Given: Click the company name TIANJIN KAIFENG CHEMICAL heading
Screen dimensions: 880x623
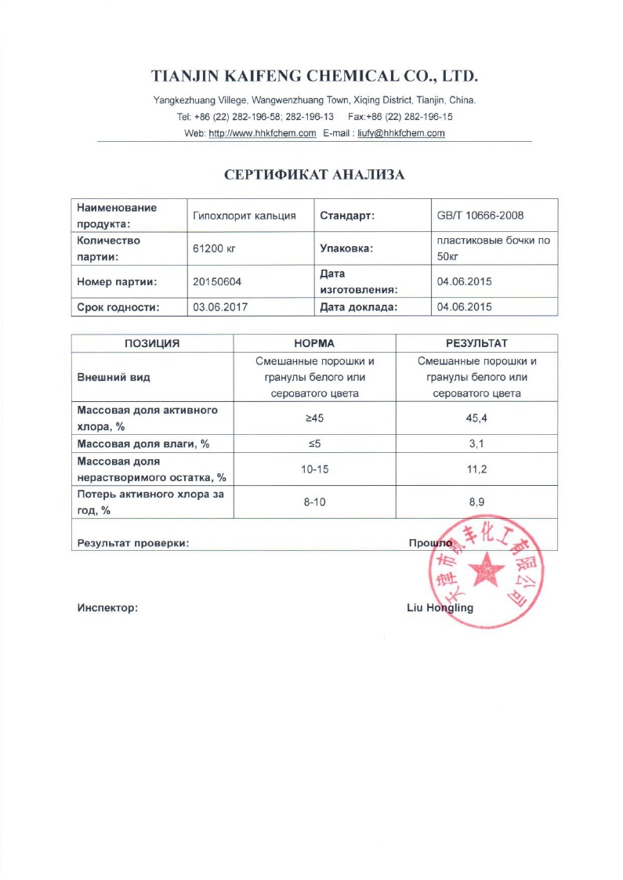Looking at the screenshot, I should point(313,77).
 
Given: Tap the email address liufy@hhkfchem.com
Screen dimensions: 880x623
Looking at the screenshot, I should point(401,133).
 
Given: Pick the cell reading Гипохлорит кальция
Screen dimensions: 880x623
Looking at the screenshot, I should point(244,215).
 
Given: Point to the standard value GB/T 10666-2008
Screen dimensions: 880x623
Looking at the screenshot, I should point(480,215).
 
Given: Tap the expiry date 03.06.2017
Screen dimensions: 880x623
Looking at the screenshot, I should point(220,307).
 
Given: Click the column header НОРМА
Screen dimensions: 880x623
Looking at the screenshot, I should point(314,343).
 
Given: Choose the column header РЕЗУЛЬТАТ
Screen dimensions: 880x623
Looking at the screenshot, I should point(476,343).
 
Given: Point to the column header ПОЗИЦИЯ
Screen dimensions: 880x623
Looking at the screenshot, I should point(153,343).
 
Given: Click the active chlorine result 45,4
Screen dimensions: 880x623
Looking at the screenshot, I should point(476,418).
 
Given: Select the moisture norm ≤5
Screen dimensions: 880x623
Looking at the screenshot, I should point(314,444).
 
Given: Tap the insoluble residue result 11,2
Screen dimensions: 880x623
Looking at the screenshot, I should point(476,469).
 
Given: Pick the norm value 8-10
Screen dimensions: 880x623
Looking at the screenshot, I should point(314,502).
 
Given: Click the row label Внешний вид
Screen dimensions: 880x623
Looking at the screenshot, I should point(113,377).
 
